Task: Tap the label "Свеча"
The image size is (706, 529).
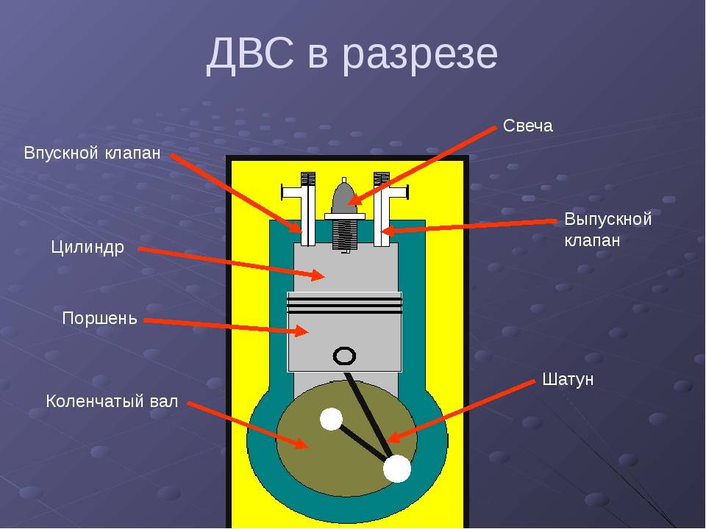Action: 528,126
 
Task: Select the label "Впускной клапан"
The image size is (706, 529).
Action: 93,153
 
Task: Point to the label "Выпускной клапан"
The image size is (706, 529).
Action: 608,229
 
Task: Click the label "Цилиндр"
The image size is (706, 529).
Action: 88,248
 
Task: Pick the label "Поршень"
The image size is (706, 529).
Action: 99,318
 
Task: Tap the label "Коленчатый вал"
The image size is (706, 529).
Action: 112,401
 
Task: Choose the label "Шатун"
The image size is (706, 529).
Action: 568,379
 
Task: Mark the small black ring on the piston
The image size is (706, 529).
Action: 344,356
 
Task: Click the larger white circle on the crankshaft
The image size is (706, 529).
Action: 397,468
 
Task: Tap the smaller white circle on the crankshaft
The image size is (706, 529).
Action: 331,419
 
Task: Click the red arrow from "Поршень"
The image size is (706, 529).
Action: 227,327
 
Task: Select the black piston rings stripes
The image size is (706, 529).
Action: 344,305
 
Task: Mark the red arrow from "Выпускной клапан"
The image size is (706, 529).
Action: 468,226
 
